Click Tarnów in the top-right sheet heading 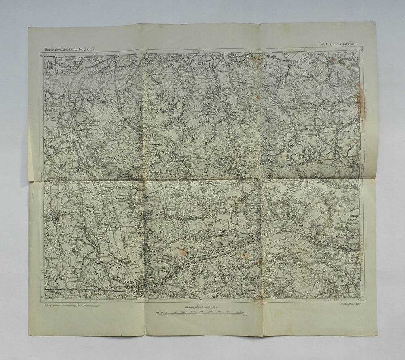pos(334,45)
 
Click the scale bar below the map pos(200,315)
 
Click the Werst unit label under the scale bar pos(245,317)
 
